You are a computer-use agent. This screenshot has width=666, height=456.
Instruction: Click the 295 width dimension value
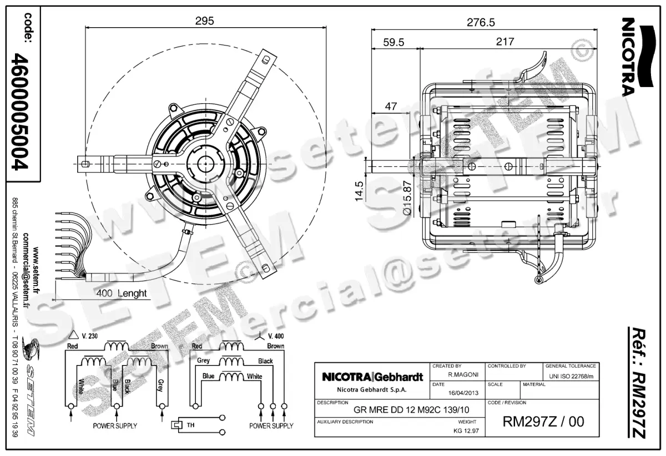(x=204, y=21)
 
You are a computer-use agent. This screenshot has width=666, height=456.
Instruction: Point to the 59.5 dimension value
(x=393, y=42)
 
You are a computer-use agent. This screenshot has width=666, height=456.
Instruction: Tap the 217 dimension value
(x=504, y=42)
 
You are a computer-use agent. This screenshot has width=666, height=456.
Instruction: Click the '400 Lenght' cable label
(x=121, y=293)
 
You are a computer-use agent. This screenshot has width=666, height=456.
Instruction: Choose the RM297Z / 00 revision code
(x=543, y=422)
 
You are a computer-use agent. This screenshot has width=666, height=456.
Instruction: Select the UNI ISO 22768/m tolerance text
(x=571, y=376)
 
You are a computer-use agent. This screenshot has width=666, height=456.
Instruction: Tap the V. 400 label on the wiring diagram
(x=275, y=336)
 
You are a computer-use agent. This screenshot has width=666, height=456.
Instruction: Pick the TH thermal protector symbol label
(x=190, y=425)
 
